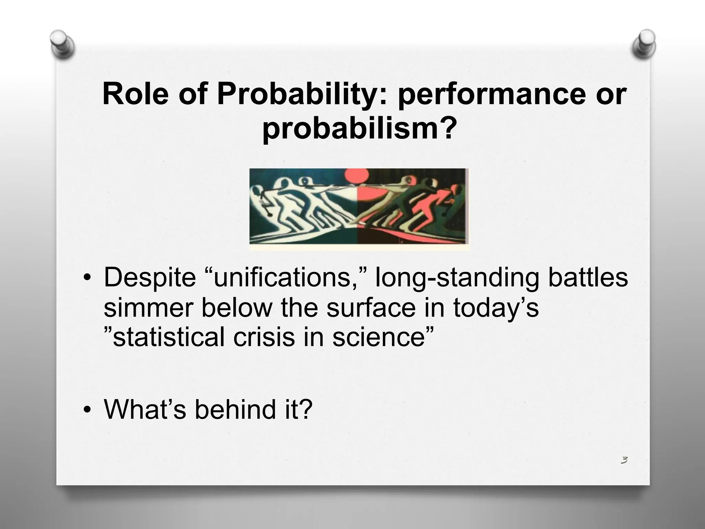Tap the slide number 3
point(624,460)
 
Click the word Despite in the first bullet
point(149,278)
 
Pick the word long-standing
point(457,278)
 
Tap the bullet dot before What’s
point(88,410)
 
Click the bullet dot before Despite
point(88,278)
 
